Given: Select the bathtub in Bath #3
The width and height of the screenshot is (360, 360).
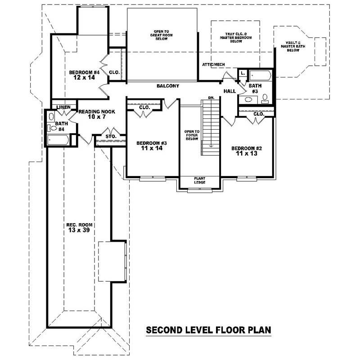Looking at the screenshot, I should click(260, 75).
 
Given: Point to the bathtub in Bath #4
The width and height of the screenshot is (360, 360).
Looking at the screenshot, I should click(58, 140).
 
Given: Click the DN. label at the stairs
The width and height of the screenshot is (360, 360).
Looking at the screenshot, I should click(211, 98).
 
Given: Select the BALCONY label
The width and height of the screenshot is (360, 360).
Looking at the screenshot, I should click(168, 86).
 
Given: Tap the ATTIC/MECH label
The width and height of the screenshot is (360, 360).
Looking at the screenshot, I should click(213, 64).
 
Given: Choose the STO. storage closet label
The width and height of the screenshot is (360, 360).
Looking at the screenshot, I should click(111, 136).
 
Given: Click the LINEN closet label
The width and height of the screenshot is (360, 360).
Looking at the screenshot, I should click(63, 107).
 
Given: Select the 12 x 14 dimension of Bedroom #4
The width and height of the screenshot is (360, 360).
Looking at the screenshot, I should click(84, 78).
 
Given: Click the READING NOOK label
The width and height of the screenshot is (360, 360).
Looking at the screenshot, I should click(97, 112).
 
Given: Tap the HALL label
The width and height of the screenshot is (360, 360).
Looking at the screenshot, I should click(229, 91).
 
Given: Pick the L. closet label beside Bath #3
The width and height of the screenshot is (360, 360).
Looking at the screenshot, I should click(243, 72).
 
